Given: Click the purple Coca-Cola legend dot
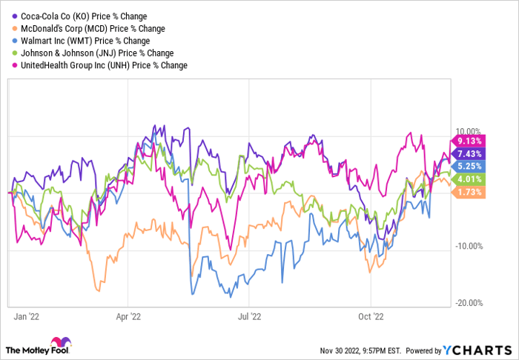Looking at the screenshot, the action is point(15,16).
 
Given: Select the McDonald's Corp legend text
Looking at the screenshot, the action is point(93,29).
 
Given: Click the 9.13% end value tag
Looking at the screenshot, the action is point(468,141).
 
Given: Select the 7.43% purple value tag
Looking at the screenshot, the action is point(468,154).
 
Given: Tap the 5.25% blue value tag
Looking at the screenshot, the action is point(468,166).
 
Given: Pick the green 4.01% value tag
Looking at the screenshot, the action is point(468,179).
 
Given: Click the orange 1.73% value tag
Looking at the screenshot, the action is point(468,192).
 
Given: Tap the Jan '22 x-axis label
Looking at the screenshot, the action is point(27,317).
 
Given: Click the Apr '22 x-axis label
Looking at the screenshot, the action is point(128,317).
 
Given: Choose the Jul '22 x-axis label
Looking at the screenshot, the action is point(250,317).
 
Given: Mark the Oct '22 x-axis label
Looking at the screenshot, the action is point(371,317).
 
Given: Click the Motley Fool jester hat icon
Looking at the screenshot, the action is point(61,342).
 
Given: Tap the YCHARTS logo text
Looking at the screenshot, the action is point(477,350).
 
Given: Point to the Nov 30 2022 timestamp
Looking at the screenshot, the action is point(360,350).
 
